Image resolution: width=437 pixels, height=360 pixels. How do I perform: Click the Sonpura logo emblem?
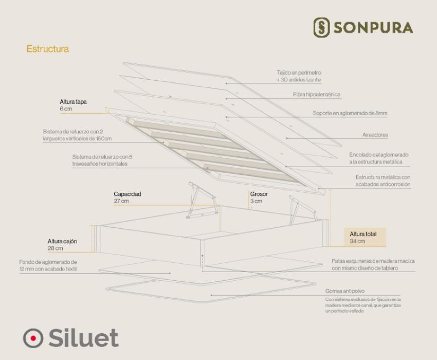coord(321,27)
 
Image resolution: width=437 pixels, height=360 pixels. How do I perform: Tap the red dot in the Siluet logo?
coord(33,338)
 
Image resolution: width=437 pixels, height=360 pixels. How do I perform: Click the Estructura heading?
coord(48,49)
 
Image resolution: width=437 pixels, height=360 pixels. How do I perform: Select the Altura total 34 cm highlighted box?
coord(365,237)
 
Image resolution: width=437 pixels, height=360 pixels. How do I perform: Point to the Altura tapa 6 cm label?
coord(74,105)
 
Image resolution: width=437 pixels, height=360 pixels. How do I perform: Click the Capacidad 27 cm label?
coord(128,197)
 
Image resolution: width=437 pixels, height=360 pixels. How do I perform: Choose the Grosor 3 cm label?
coord(259,197)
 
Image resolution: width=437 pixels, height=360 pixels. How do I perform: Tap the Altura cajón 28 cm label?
coord(62,245)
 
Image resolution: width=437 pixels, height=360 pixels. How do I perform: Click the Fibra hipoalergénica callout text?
coord(317,95)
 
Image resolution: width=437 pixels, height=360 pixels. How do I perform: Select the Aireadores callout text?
coord(375,135)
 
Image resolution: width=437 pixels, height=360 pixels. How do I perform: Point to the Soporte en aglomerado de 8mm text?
coord(350,113)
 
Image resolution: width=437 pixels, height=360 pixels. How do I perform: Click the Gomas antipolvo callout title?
coord(345,291)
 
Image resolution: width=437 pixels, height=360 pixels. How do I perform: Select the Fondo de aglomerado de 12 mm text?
coord(48,265)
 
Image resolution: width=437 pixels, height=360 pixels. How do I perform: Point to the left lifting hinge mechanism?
coord(202,200)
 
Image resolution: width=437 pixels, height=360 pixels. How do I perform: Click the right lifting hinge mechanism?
coord(303,210)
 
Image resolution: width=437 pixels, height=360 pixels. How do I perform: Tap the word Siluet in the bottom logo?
coord(84,338)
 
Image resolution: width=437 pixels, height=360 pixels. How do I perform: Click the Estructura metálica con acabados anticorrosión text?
coord(383,181)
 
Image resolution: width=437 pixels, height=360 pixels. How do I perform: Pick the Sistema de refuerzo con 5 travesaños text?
coord(102,160)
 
